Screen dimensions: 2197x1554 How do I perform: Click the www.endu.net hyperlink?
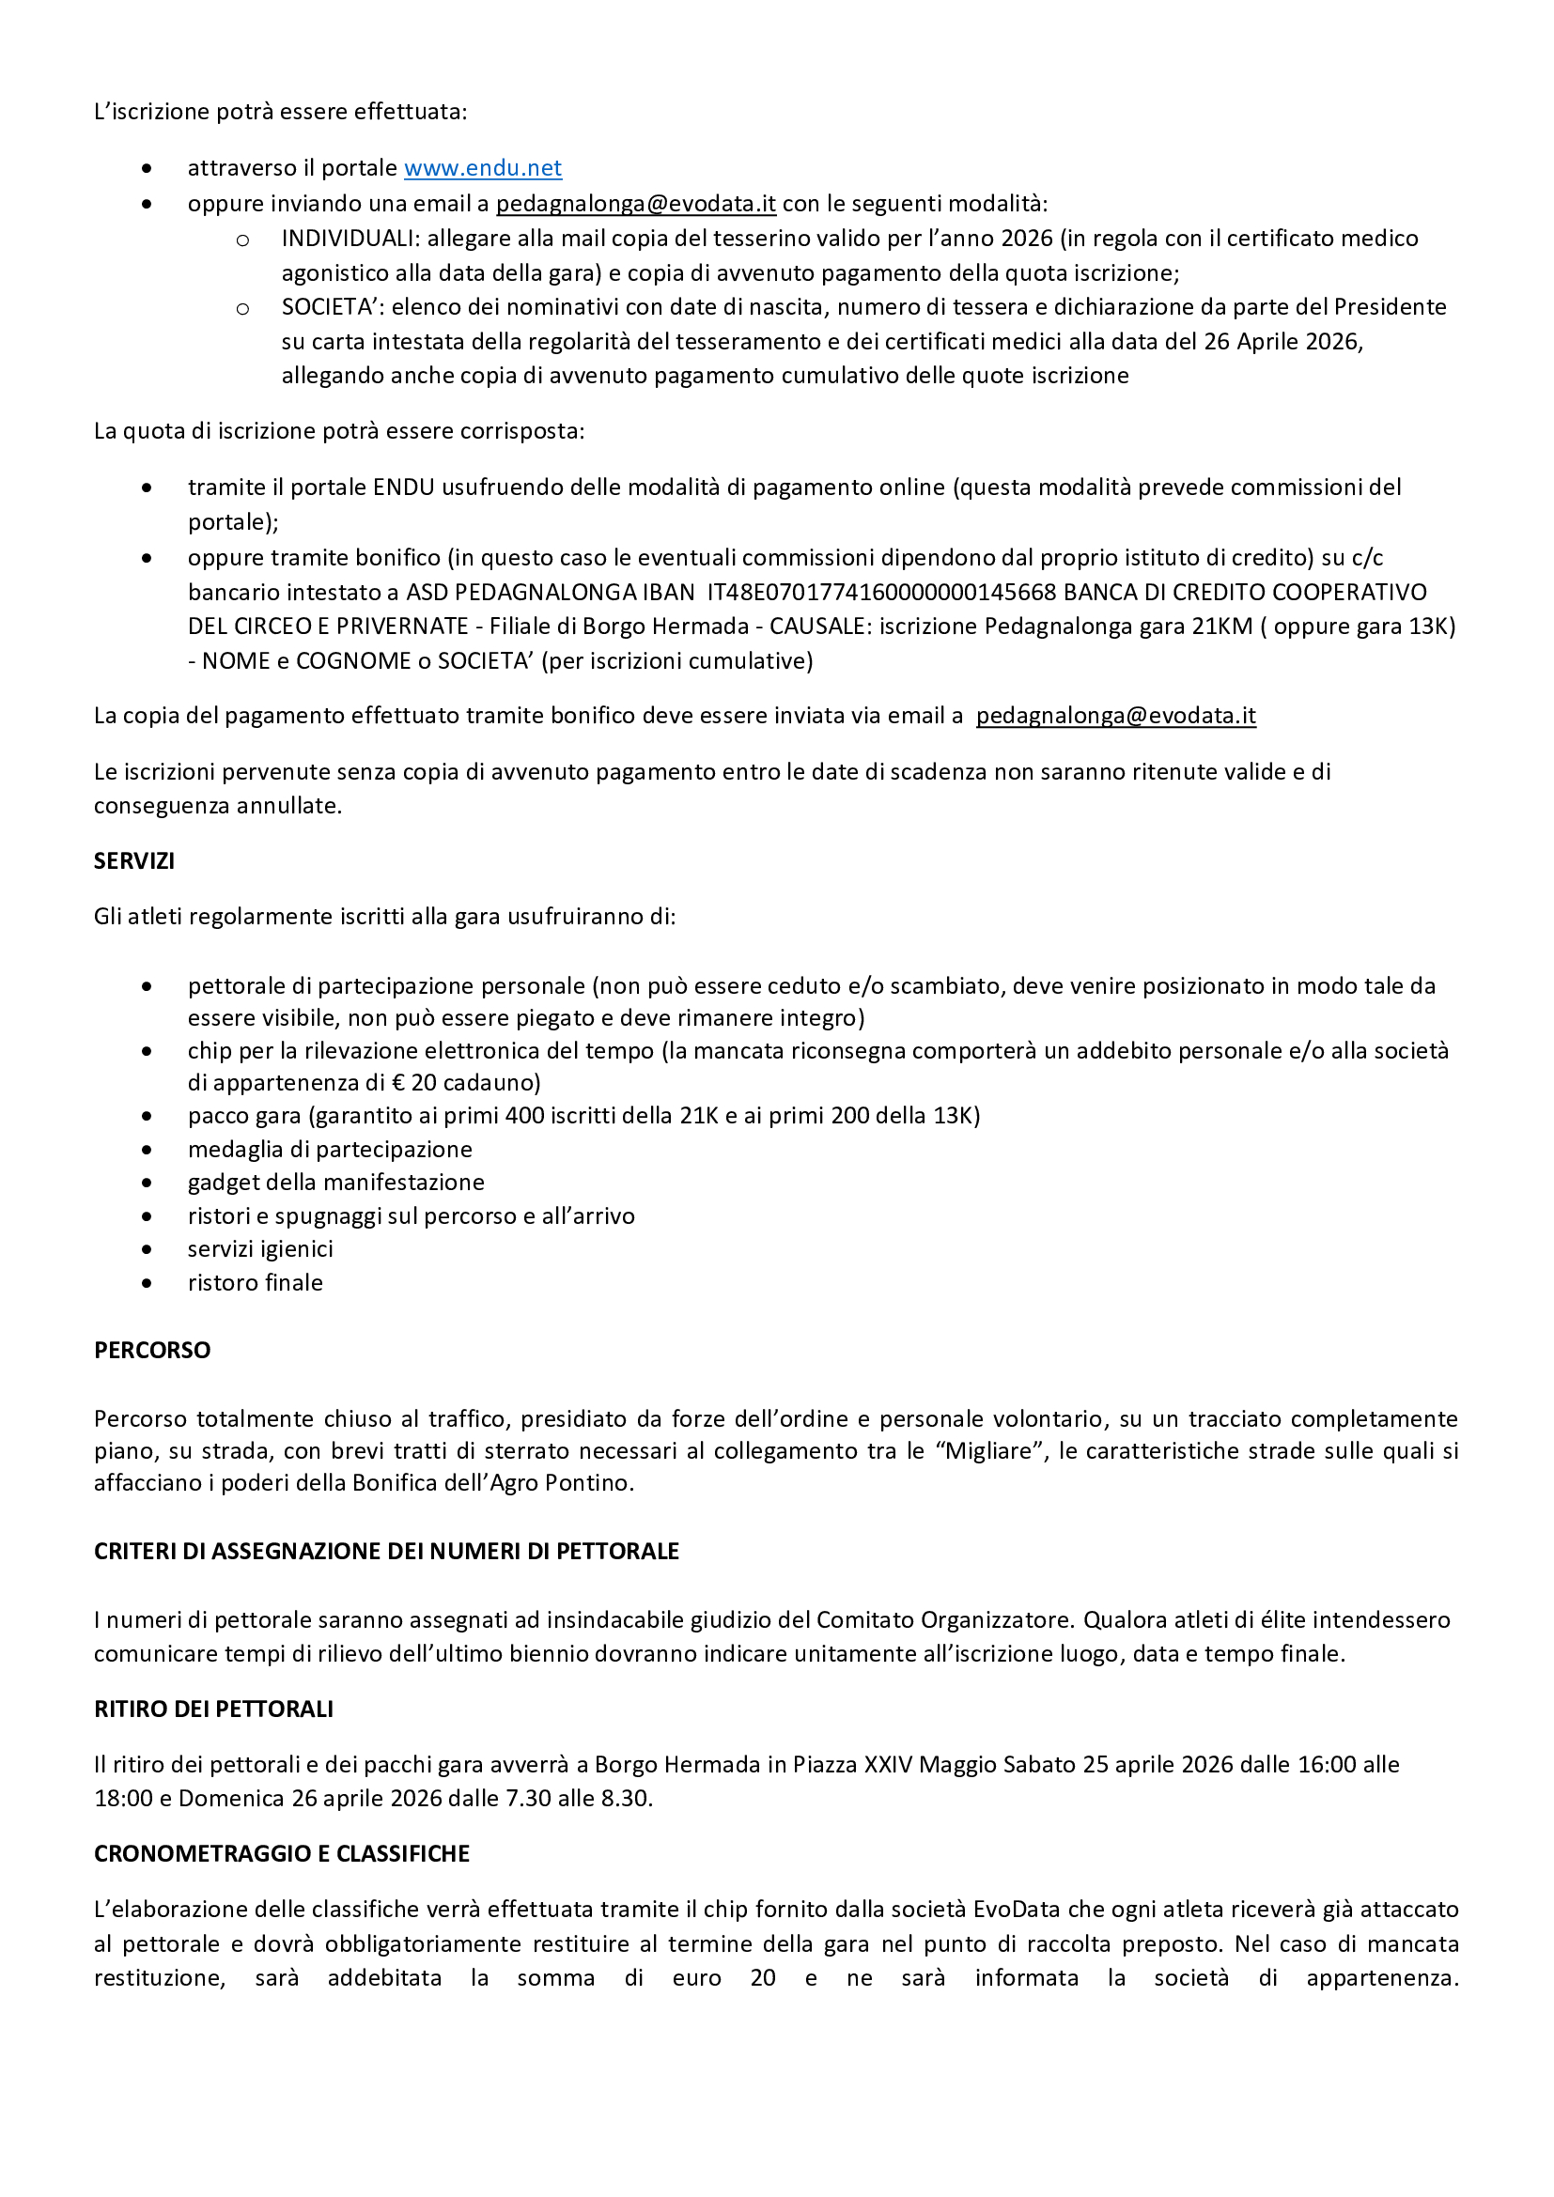(482, 168)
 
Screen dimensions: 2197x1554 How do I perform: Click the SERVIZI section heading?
(134, 861)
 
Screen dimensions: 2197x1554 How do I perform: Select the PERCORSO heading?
(152, 1350)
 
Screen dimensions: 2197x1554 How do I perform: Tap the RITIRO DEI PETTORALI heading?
(213, 1709)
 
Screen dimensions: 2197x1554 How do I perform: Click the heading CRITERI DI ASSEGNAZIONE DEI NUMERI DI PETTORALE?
(385, 1551)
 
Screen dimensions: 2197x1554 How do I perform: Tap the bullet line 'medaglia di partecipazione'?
(329, 1149)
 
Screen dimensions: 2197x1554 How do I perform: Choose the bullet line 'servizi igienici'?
(260, 1248)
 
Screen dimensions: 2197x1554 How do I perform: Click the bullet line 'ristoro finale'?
(255, 1283)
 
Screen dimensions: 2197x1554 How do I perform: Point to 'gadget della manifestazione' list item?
(335, 1183)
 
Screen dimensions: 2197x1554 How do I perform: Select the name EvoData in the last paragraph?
(1017, 1910)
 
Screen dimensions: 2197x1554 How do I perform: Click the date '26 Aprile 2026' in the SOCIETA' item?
(1282, 342)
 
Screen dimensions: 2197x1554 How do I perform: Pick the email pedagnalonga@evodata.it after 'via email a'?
(1116, 717)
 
